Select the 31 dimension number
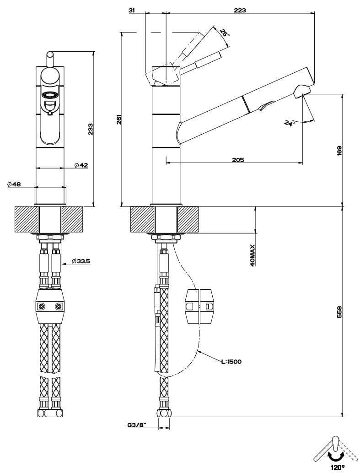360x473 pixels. [133, 10]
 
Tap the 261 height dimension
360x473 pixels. [118, 120]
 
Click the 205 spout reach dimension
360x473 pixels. [238, 160]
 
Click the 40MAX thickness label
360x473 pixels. [253, 256]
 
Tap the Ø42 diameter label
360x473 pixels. [81, 165]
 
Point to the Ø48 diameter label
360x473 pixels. [14, 184]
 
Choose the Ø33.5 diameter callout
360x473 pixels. [81, 261]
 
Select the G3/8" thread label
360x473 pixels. [136, 425]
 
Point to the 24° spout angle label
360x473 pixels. [290, 123]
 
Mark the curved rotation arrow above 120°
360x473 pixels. [336, 456]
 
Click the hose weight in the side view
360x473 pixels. [199, 305]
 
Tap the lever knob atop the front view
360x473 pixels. [50, 55]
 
